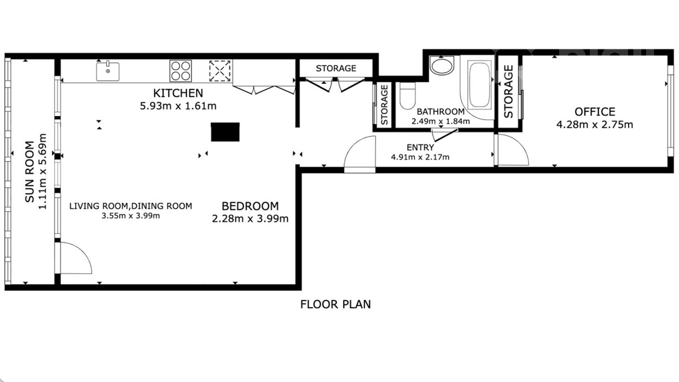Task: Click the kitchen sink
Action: [108, 71]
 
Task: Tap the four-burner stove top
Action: [181, 71]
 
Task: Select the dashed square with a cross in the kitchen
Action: [220, 71]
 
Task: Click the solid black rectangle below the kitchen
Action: [225, 132]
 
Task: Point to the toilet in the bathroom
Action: [407, 95]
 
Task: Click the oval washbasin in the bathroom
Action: [442, 65]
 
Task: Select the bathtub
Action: [479, 85]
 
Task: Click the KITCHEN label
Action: [178, 93]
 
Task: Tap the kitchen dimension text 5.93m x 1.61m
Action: [178, 106]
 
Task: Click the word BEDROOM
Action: [250, 206]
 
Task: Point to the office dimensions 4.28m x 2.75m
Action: [595, 125]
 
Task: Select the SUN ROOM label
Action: [29, 171]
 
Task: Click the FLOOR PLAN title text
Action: [336, 304]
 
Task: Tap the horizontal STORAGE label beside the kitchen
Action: [336, 68]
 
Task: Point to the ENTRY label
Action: [420, 147]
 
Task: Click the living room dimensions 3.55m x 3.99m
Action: [130, 216]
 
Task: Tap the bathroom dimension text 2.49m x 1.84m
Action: [440, 121]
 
